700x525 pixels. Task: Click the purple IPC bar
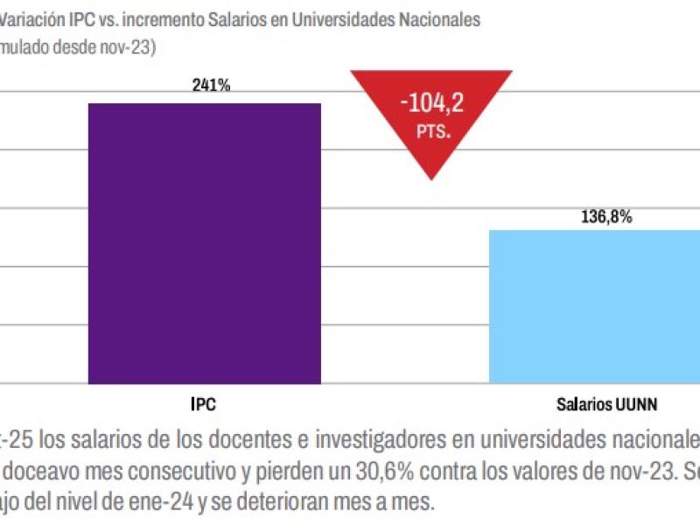tap(204, 243)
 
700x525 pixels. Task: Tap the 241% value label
tap(211, 86)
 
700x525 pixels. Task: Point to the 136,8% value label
tap(606, 216)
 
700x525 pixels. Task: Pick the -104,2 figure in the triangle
tap(430, 106)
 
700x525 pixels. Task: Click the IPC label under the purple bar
tap(203, 405)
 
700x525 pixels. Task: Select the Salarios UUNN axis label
tap(606, 405)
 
